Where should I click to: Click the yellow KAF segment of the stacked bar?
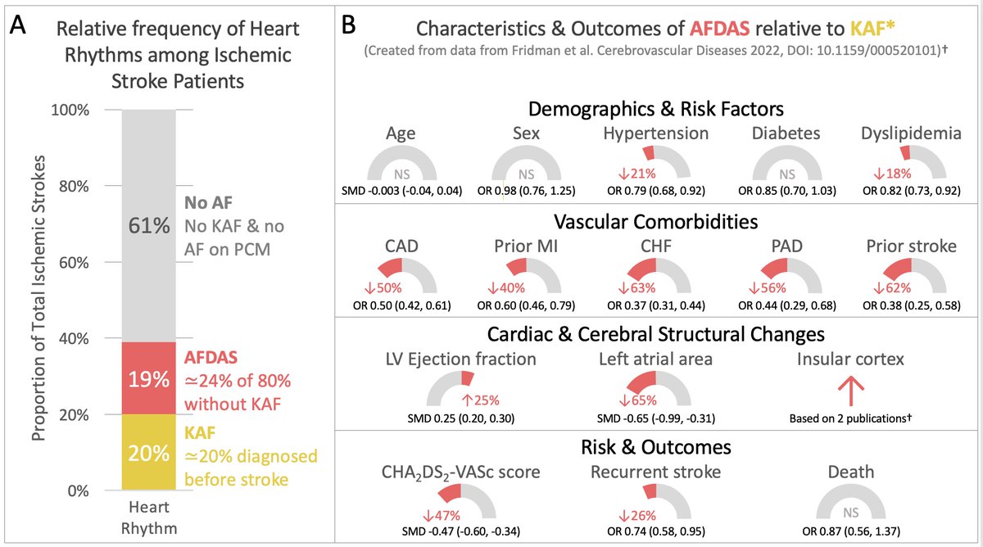click(149, 452)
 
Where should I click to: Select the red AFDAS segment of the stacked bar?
click(149, 377)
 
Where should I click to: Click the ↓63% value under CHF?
click(644, 287)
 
